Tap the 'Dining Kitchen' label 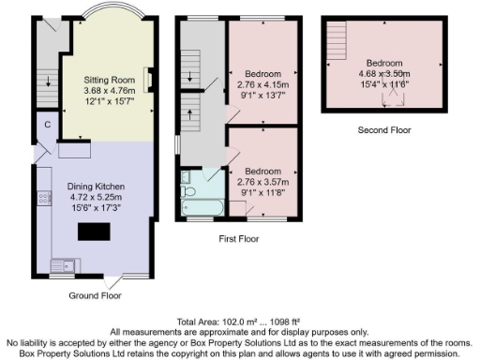coord(96,187)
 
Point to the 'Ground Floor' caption coord(95,296)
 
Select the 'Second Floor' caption coord(384,130)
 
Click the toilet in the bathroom coord(189,190)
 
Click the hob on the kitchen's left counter coord(43,198)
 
